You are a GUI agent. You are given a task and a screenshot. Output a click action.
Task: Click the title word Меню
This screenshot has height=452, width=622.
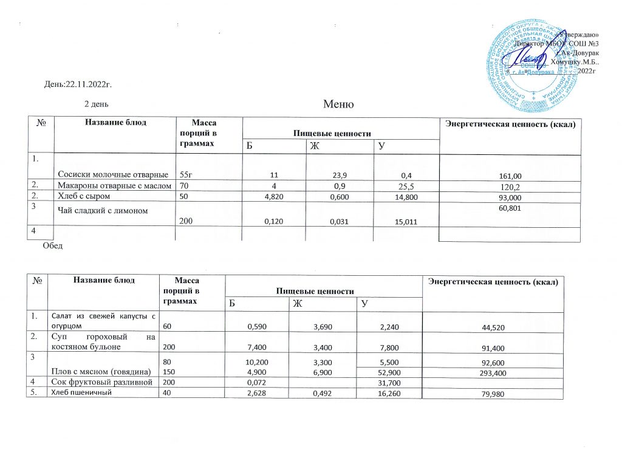point(339,104)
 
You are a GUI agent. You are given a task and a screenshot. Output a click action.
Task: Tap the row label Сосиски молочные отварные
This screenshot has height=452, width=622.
point(113,174)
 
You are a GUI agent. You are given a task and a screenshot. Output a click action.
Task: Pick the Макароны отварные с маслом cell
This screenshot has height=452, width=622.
point(114,186)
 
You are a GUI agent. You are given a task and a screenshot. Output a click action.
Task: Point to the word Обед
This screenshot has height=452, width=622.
point(52,245)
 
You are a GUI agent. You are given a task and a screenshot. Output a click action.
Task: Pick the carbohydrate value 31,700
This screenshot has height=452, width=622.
point(391,383)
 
